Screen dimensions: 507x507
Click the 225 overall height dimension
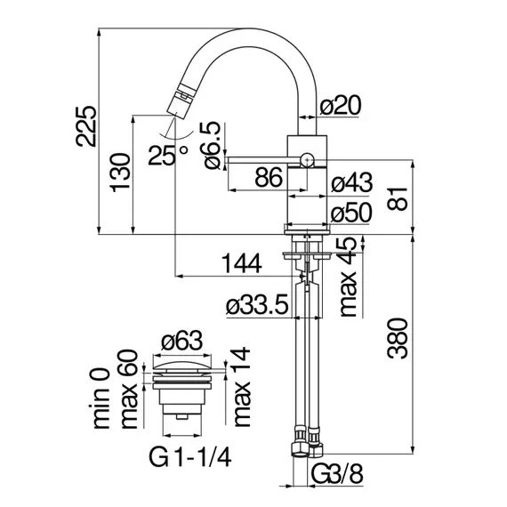pyautogui.click(x=85, y=126)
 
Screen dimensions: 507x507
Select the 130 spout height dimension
pyautogui.click(x=121, y=173)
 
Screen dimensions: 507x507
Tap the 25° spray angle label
pyautogui.click(x=167, y=155)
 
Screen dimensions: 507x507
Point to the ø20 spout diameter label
pyautogui.click(x=340, y=105)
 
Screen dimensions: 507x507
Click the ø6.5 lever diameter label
pyautogui.click(x=213, y=146)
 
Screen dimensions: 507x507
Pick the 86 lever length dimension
pyautogui.click(x=269, y=178)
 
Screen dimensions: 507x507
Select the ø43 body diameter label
pyautogui.click(x=352, y=182)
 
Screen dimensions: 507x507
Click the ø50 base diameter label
pyautogui.click(x=351, y=213)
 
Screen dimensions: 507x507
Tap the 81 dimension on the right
pyautogui.click(x=398, y=197)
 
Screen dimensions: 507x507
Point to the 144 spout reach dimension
pyautogui.click(x=242, y=263)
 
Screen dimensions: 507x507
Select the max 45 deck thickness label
pyautogui.click(x=348, y=277)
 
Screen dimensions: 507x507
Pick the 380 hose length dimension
pyautogui.click(x=398, y=338)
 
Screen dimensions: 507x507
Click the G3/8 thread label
pyautogui.click(x=337, y=474)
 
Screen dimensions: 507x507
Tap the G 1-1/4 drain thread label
pyautogui.click(x=190, y=457)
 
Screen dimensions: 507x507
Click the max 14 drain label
pyautogui.click(x=241, y=387)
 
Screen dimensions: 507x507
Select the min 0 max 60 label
pyautogui.click(x=116, y=389)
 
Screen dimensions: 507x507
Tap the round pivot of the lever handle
pyautogui.click(x=307, y=159)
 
